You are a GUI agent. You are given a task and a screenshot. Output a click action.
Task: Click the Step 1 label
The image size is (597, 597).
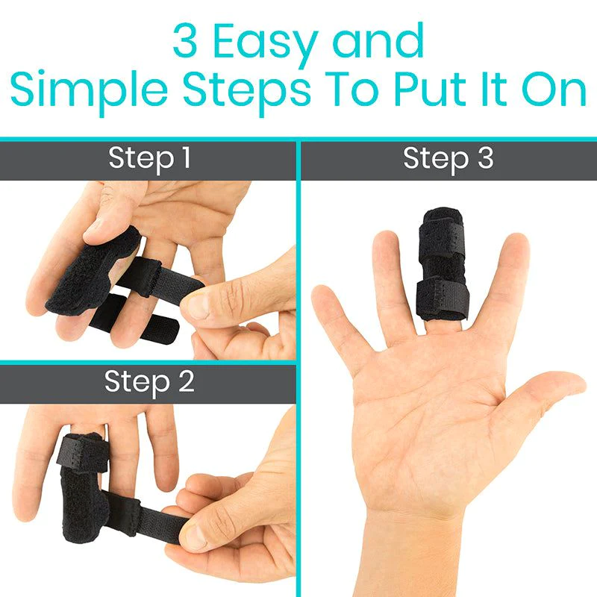149,158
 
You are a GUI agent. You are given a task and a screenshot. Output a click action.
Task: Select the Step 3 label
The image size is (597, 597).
448,158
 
